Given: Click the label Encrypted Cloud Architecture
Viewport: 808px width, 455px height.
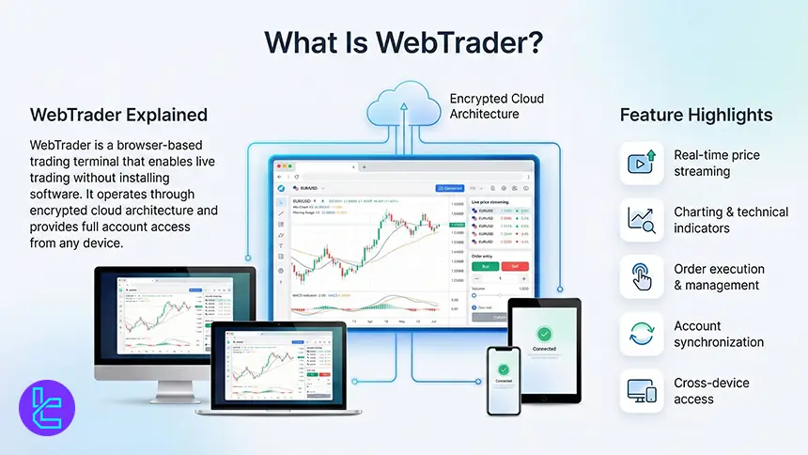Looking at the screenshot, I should tap(496, 106).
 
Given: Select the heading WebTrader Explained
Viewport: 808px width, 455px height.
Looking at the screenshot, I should tap(119, 115).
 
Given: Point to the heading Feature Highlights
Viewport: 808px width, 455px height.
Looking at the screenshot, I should tap(696, 115).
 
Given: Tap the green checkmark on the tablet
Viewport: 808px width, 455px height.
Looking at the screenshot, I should tap(544, 334).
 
